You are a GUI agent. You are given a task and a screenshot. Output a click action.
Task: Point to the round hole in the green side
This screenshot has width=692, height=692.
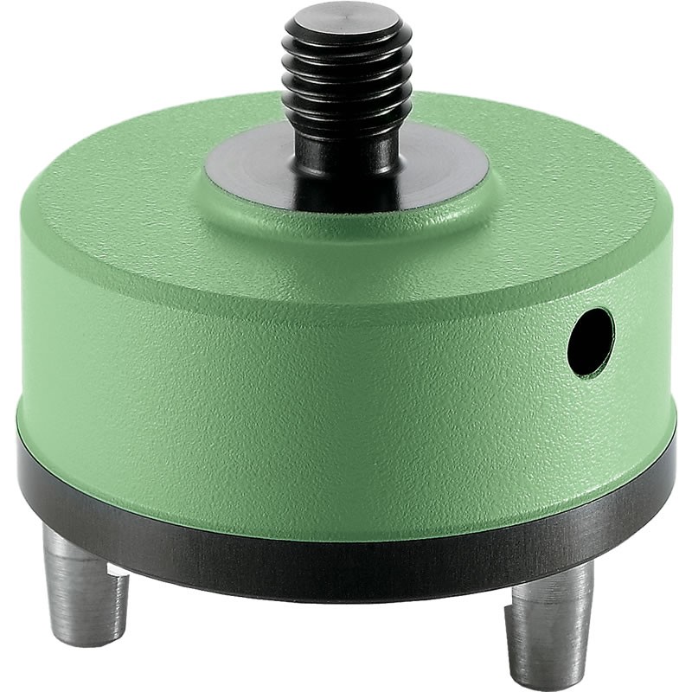point(591,342)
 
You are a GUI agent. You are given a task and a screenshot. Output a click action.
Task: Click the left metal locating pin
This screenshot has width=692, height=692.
point(86,580)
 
